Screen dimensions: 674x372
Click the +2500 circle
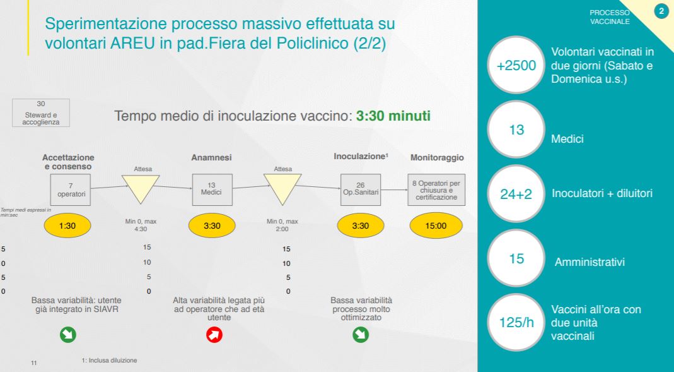pos(516,65)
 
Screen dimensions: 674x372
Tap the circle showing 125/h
pos(516,323)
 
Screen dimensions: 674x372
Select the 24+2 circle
pos(516,194)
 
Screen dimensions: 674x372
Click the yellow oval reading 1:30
pos(67,225)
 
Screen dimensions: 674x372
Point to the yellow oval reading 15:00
pos(436,225)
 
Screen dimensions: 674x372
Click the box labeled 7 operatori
pos(71,190)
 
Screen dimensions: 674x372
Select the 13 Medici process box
pos(212,189)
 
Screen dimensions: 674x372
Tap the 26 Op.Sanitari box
pos(361,189)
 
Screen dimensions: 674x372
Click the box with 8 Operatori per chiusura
pos(436,189)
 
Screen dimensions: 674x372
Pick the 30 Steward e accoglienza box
pos(41,113)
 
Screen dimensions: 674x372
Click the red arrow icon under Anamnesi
pos(214,335)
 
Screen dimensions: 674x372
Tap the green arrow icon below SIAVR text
pos(68,335)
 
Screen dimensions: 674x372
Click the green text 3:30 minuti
pos(393,116)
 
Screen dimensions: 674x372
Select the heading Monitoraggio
pos(437,158)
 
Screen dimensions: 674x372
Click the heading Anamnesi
pos(211,158)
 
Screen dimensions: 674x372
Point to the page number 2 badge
pos(661,11)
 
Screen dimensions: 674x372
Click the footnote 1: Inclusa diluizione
pos(109,361)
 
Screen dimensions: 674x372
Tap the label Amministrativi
pos(590,262)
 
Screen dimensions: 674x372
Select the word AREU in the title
pos(132,43)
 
